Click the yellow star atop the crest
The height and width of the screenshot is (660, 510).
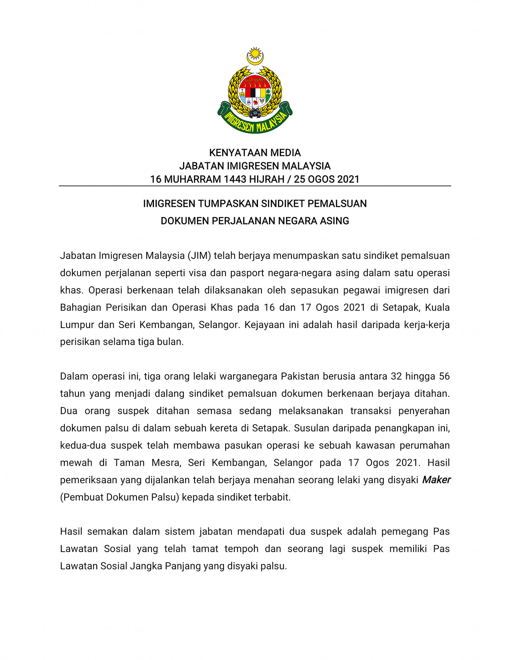click(255, 53)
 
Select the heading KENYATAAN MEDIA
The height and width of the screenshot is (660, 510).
click(255, 152)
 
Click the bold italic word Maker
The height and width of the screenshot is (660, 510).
click(436, 480)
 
